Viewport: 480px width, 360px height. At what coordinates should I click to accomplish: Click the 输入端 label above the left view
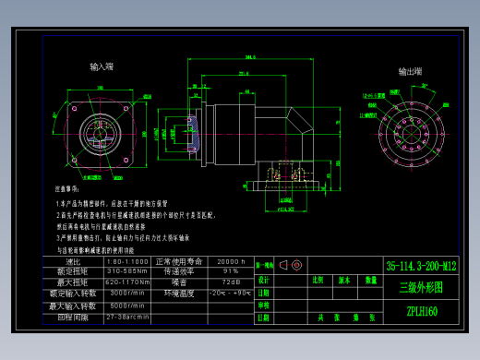click(x=102, y=67)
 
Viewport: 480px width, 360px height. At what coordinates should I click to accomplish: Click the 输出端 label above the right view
click(x=411, y=71)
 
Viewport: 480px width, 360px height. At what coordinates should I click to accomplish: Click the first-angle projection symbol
click(x=290, y=265)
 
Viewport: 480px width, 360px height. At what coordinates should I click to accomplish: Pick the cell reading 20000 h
click(x=230, y=261)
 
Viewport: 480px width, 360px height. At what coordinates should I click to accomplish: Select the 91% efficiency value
click(x=230, y=271)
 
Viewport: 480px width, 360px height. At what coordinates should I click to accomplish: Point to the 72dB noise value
click(x=230, y=282)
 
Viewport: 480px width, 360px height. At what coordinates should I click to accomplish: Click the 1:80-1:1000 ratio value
click(x=127, y=261)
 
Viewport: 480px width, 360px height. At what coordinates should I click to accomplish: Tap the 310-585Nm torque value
click(x=127, y=271)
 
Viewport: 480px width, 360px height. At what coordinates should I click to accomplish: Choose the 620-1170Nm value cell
click(x=127, y=282)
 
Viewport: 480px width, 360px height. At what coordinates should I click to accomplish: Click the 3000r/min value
click(x=127, y=293)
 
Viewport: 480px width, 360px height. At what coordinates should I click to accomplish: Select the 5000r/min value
click(x=127, y=305)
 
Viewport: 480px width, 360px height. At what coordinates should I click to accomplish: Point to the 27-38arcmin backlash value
click(x=127, y=316)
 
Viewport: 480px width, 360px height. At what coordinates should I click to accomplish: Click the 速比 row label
click(x=74, y=261)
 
